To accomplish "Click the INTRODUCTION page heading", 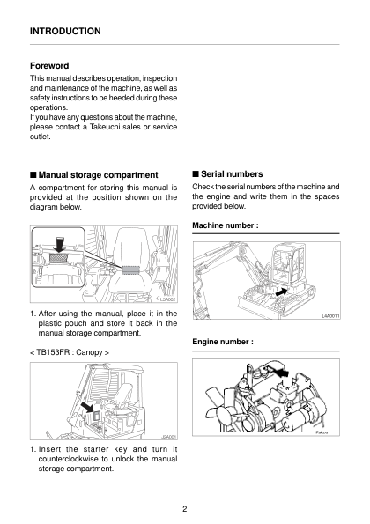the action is tap(65, 31).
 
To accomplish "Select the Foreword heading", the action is tap(49, 65).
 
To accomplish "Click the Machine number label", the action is tap(226, 225).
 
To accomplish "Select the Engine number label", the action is tap(223, 342).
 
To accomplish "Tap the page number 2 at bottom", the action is tap(185, 509).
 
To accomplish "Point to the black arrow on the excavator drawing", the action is tap(281, 292).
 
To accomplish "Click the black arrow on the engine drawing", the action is tap(281, 372).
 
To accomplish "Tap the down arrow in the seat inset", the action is tap(60, 244).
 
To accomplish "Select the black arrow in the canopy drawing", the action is tap(87, 408).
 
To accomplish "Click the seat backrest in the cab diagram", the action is tap(131, 248).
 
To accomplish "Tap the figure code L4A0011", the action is tap(330, 316).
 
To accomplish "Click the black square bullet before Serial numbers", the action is tap(196, 174).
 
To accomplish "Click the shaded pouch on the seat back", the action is tap(130, 270).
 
